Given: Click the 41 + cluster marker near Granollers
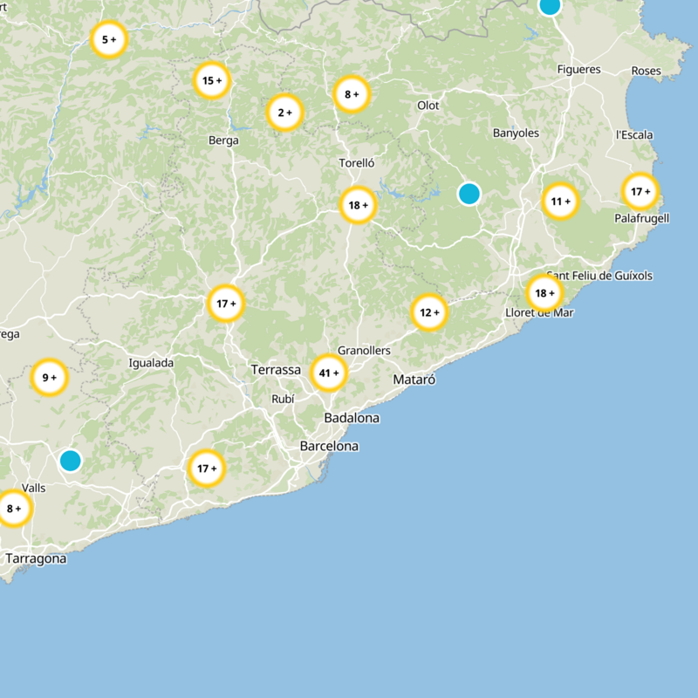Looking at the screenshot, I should pos(329,373).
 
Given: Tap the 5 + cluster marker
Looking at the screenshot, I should pos(109,39).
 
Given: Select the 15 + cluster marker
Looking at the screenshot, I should pos(212,81).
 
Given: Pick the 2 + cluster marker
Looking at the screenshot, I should pos(284,113).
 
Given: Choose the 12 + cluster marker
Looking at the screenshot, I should pos(429,312).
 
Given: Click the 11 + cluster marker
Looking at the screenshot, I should pos(560,202).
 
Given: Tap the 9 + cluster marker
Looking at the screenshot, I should pos(49,378).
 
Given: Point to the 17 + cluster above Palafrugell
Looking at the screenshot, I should pos(640,191).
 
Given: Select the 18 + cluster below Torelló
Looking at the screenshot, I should pos(358,206).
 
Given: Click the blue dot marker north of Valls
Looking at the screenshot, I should pos(70,460).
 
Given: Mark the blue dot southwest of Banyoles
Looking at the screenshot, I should pos(469,194).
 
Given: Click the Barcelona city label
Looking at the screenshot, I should pos(329,446).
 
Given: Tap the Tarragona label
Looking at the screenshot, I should pos(36,558).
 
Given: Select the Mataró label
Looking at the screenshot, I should pos(414,380).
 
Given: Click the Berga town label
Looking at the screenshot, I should pos(223,140).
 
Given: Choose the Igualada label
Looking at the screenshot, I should pos(151,363).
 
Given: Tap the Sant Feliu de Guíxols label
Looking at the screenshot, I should pos(599,276).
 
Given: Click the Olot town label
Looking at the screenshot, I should pos(428,106).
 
